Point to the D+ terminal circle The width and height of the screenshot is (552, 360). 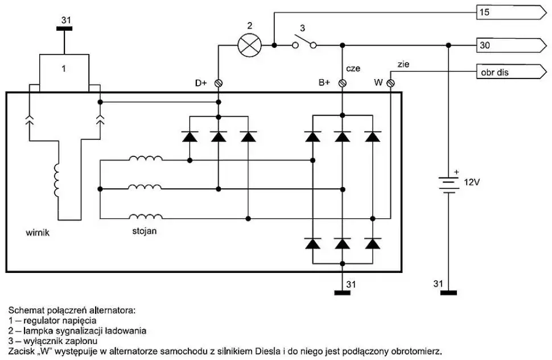click(218, 83)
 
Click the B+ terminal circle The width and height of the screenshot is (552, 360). click(342, 83)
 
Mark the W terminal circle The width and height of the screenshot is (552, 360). click(390, 83)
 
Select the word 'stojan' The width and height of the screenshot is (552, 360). click(143, 231)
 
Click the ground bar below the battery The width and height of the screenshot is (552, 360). click(448, 292)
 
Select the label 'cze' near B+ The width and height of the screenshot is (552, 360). click(353, 68)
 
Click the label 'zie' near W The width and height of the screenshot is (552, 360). click(403, 65)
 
